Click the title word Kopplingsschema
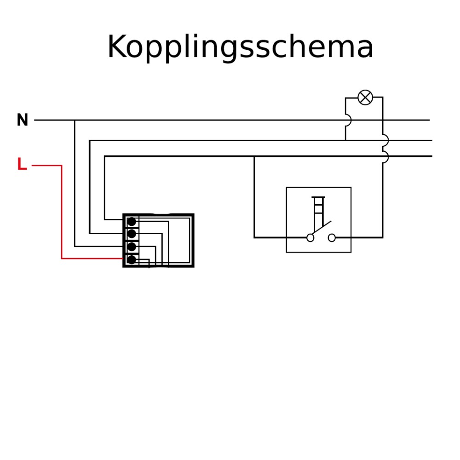click(240, 47)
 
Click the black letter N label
click(22, 120)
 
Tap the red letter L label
click(22, 164)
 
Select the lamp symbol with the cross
click(365, 98)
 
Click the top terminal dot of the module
click(132, 222)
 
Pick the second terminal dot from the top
click(132, 234)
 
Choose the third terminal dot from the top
click(132, 247)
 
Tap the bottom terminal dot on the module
click(132, 259)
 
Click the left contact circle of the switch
click(310, 238)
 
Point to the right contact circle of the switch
click(332, 238)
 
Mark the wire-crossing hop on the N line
click(348, 120)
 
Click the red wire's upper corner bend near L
click(62, 166)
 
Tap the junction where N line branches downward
click(75, 120)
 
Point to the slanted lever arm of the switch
click(321, 228)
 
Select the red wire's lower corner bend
click(62, 259)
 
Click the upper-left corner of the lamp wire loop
click(345, 98)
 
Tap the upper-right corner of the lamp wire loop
click(383, 97)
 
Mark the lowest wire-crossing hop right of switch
click(385, 157)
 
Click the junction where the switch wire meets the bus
click(254, 156)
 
